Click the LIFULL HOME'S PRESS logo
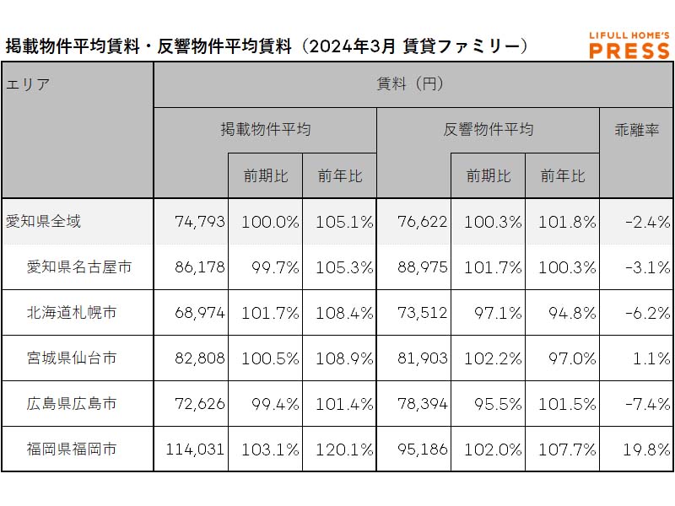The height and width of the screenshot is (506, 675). coord(629,46)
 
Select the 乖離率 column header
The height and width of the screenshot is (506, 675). coord(636,130)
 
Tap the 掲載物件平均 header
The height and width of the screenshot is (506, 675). coord(265,130)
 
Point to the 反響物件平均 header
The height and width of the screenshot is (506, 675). coord(488,130)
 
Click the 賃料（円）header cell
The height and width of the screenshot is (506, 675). coord(413,84)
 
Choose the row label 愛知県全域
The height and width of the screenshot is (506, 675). coord(44,222)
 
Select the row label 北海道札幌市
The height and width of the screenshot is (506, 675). coord(72,313)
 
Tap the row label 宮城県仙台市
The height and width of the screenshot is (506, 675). coord(72,358)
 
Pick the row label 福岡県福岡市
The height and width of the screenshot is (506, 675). coord(72,449)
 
